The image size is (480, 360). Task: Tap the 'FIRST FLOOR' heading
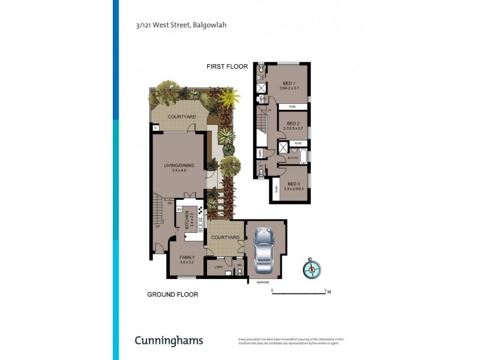(227, 67)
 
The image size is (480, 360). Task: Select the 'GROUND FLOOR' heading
(173, 295)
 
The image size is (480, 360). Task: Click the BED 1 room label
(289, 83)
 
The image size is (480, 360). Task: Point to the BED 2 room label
(293, 124)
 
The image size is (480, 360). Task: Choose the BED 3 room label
(293, 184)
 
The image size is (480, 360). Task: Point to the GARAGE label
(263, 282)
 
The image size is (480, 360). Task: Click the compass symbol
(312, 268)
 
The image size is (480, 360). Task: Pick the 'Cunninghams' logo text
(169, 341)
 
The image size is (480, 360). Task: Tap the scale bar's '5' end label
(325, 290)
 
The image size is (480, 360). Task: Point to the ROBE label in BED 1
(292, 107)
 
